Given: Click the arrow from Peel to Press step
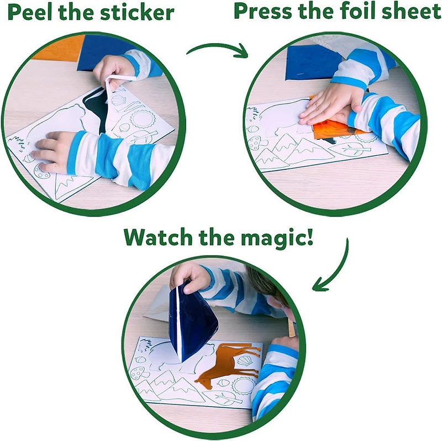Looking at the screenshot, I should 218,50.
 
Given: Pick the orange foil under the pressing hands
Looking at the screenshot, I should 331,130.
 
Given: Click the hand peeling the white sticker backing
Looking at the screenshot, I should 113,69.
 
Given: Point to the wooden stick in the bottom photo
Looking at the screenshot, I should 290,328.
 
